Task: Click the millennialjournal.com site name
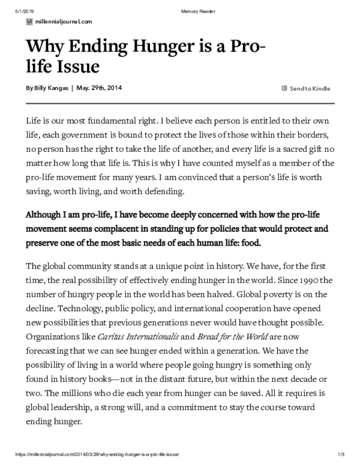click(64, 21)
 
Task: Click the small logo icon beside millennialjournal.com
click(29, 21)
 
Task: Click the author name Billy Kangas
click(50, 88)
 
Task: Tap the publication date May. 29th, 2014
click(99, 88)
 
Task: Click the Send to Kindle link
click(310, 89)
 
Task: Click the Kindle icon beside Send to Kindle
click(284, 89)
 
